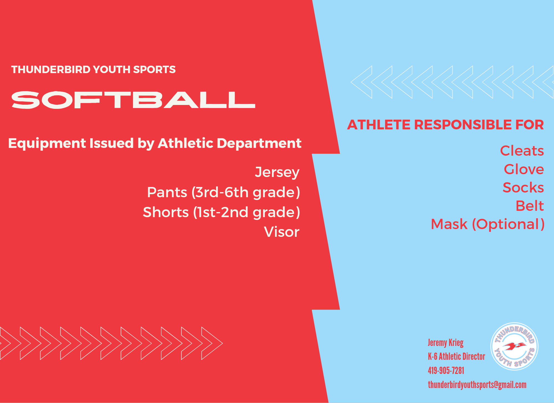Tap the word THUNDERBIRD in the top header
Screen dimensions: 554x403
pyautogui.click(x=51, y=70)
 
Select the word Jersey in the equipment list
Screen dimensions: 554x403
pyautogui.click(x=277, y=173)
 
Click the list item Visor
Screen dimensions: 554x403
pyautogui.click(x=282, y=232)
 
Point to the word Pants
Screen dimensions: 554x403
pyautogui.click(x=167, y=192)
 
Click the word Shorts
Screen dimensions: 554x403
pyautogui.click(x=166, y=212)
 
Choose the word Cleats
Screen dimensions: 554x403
pyautogui.click(x=522, y=151)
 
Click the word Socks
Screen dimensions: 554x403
pyautogui.click(x=523, y=188)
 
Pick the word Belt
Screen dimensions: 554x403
pyautogui.click(x=530, y=206)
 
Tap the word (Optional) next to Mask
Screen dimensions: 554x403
pyautogui.click(x=508, y=224)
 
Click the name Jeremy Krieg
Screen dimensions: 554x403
pyautogui.click(x=446, y=343)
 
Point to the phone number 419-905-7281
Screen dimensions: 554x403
pyautogui.click(x=446, y=370)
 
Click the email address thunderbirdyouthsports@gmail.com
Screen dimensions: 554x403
pyautogui.click(x=477, y=385)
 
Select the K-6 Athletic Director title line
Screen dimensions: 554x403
pyautogui.click(x=456, y=356)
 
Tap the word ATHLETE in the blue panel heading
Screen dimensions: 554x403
pyautogui.click(x=379, y=125)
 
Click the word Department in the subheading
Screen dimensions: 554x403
pyautogui.click(x=259, y=143)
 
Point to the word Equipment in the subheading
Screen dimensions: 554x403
pyautogui.click(x=47, y=143)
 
